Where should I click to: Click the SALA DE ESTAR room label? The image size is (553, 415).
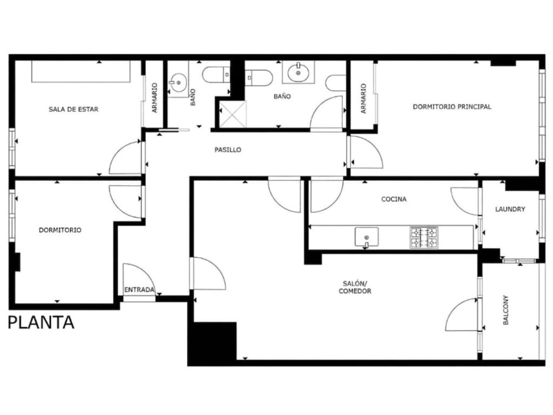coord(73,109)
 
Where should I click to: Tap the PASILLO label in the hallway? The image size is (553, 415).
coord(228,150)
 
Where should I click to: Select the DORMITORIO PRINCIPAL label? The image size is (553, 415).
coord(452,107)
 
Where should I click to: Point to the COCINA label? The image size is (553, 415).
coord(394,199)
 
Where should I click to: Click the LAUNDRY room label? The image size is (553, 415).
coord(510,209)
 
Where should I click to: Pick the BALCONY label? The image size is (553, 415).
coord(505,310)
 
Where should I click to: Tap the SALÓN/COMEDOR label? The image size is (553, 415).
coord(355,287)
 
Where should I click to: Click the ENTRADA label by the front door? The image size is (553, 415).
coord(139,290)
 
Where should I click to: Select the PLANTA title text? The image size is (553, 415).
coord(41,322)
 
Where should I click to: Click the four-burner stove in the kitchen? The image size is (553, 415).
coord(424,238)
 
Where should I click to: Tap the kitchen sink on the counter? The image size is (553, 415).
coord(366,237)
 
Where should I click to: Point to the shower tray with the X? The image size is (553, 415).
coord(232,114)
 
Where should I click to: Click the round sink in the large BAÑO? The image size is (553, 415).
coord(298,73)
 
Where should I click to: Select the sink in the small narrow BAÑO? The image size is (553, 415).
coord(178,83)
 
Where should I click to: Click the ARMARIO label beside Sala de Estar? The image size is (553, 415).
coord(155,98)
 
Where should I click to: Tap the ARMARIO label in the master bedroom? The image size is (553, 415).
coord(363,99)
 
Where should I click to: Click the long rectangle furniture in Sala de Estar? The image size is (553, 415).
coord(81,71)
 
